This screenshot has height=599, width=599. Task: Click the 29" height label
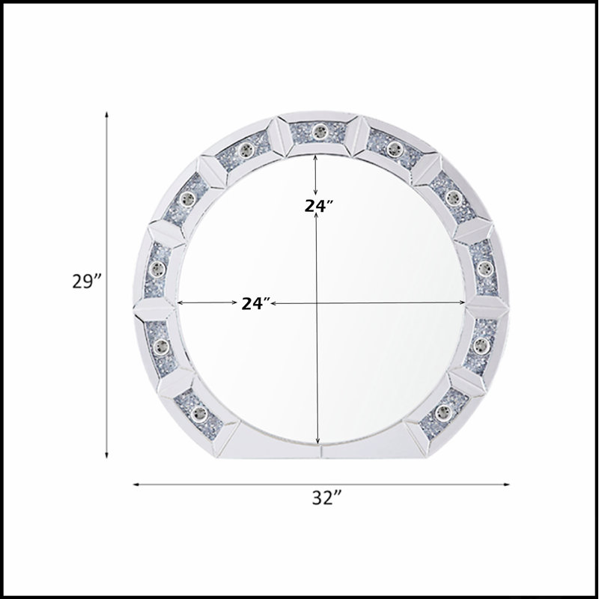[87, 282]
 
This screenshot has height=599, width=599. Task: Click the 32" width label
[326, 498]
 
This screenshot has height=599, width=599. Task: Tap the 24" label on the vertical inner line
[319, 206]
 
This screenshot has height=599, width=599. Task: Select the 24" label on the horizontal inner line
[256, 304]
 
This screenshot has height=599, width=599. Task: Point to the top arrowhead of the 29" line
[106, 115]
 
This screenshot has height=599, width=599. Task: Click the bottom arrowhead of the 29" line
[106, 454]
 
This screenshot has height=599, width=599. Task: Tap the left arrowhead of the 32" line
[136, 484]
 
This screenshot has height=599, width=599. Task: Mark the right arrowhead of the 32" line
[507, 484]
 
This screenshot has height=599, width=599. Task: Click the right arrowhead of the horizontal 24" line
[462, 303]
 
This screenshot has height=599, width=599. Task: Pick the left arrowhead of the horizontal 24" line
[181, 303]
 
